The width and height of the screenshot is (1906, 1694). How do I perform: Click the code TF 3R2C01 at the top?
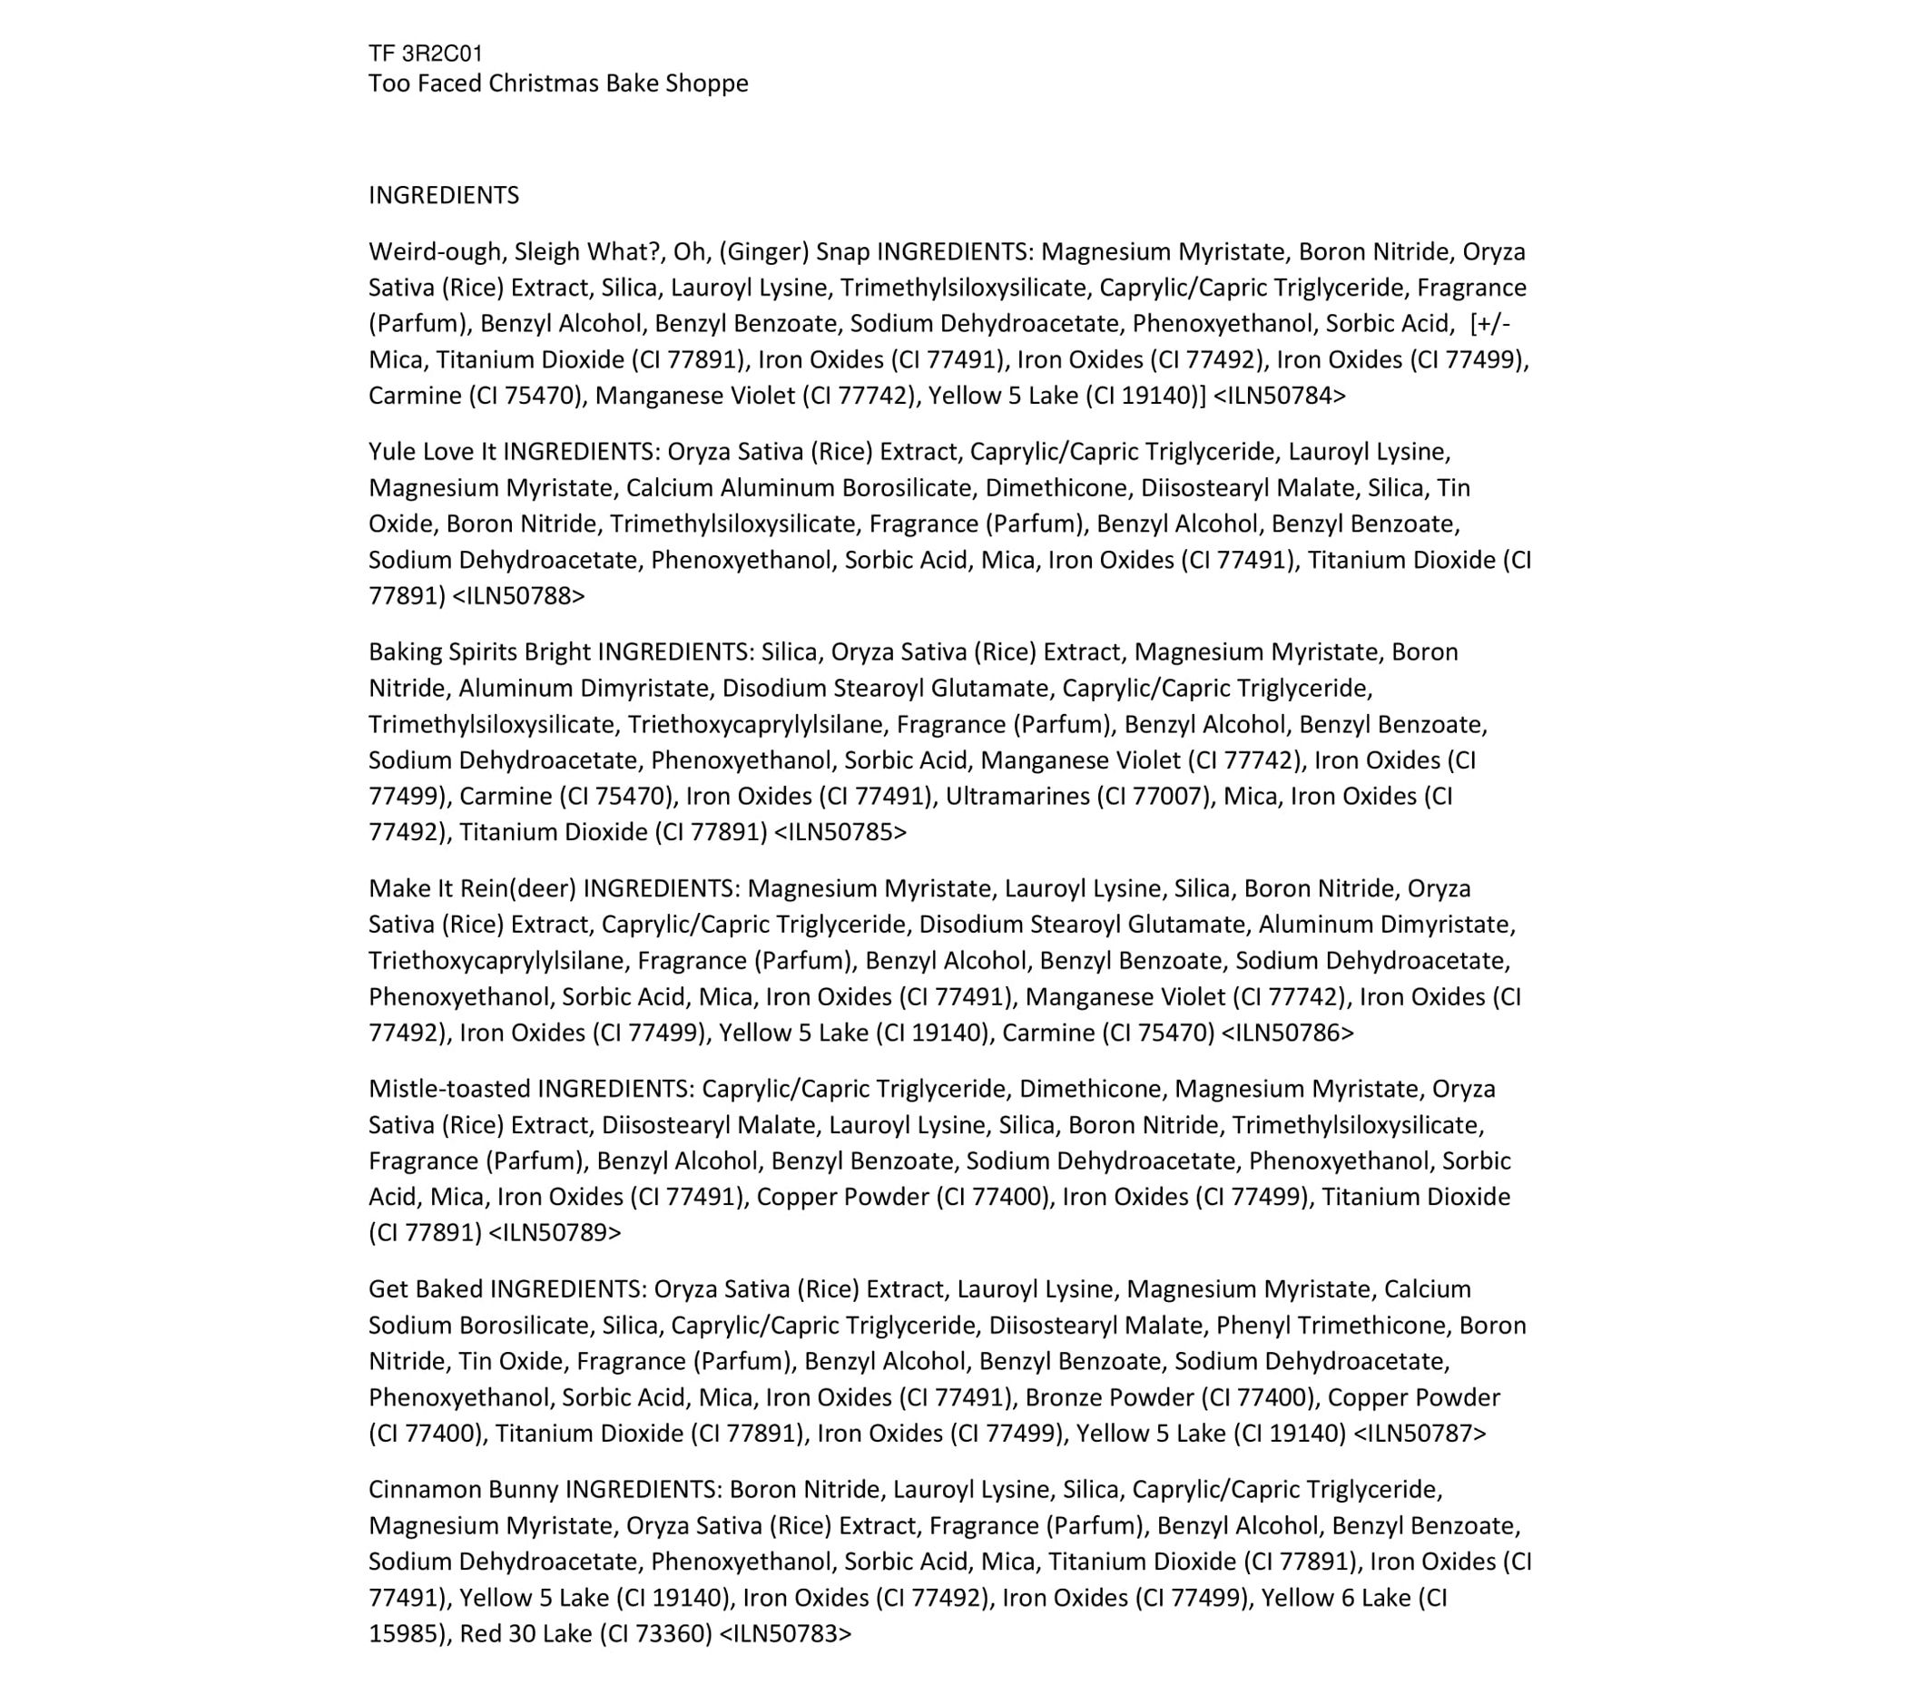pos(425,54)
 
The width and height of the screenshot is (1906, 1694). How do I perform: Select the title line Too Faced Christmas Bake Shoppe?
pos(557,83)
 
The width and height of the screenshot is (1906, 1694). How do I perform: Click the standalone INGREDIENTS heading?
pos(444,195)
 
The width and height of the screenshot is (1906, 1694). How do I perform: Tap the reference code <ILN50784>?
pos(1280,396)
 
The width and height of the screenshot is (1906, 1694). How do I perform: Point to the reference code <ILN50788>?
pos(518,596)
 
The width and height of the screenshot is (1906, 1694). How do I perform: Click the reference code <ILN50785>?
pos(840,832)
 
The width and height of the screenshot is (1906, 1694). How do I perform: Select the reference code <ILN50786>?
pos(1287,1032)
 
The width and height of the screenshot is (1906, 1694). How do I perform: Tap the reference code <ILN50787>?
pos(1420,1433)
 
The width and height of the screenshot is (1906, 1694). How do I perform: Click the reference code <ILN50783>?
pos(785,1633)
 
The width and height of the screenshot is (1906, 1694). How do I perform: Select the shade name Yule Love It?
pos(432,452)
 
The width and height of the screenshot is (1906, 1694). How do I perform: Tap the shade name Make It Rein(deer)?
pos(472,888)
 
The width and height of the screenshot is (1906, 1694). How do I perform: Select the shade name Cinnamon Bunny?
pos(464,1490)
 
